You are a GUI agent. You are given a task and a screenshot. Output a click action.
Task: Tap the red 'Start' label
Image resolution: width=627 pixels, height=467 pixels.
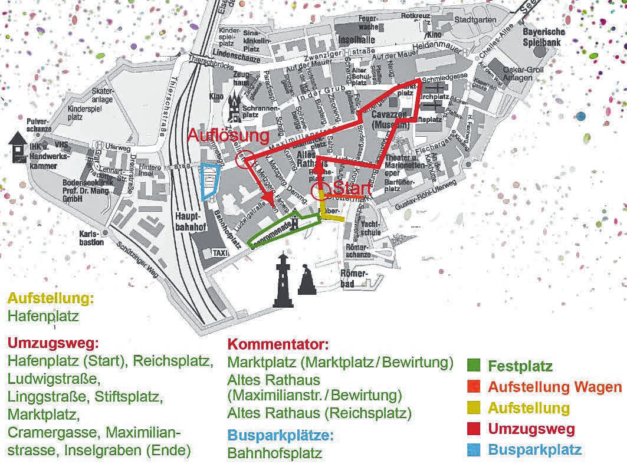pyautogui.click(x=352, y=189)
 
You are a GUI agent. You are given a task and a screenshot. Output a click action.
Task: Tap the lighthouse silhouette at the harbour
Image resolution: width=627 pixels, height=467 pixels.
pyautogui.click(x=283, y=281)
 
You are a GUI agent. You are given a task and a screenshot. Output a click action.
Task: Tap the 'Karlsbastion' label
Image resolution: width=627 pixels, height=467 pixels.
pyautogui.click(x=91, y=238)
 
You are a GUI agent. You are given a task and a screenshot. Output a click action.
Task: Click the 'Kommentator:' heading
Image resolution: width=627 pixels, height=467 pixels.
pyautogui.click(x=278, y=344)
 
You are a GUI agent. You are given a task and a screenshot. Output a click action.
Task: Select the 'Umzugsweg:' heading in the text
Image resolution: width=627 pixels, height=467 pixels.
pyautogui.click(x=52, y=343)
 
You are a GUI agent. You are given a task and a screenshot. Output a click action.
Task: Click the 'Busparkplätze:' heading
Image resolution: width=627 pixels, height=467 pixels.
pyautogui.click(x=281, y=436)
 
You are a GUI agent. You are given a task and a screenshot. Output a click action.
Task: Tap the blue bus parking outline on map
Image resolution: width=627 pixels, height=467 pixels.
pyautogui.click(x=209, y=181)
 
